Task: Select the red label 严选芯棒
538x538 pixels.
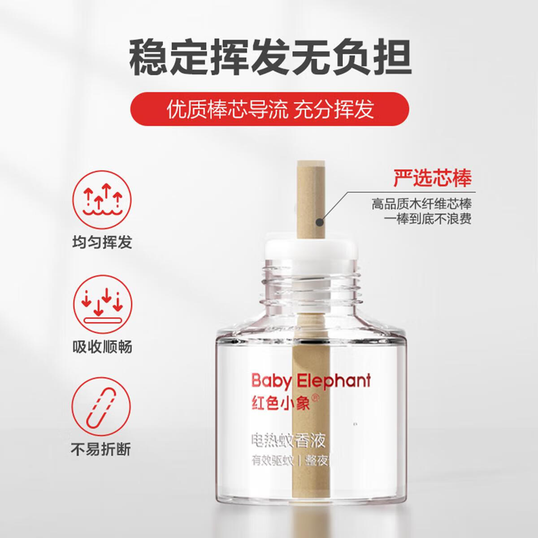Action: pos(432,178)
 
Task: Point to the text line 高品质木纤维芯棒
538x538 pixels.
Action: pos(421,204)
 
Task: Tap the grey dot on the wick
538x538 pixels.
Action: pos(320,221)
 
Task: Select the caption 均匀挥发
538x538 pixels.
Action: pos(102,242)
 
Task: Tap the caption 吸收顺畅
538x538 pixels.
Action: pos(102,347)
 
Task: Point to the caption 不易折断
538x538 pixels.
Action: pos(102,449)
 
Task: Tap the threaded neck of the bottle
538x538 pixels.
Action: pos(312,280)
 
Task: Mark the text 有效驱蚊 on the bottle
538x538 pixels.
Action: pos(272,461)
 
